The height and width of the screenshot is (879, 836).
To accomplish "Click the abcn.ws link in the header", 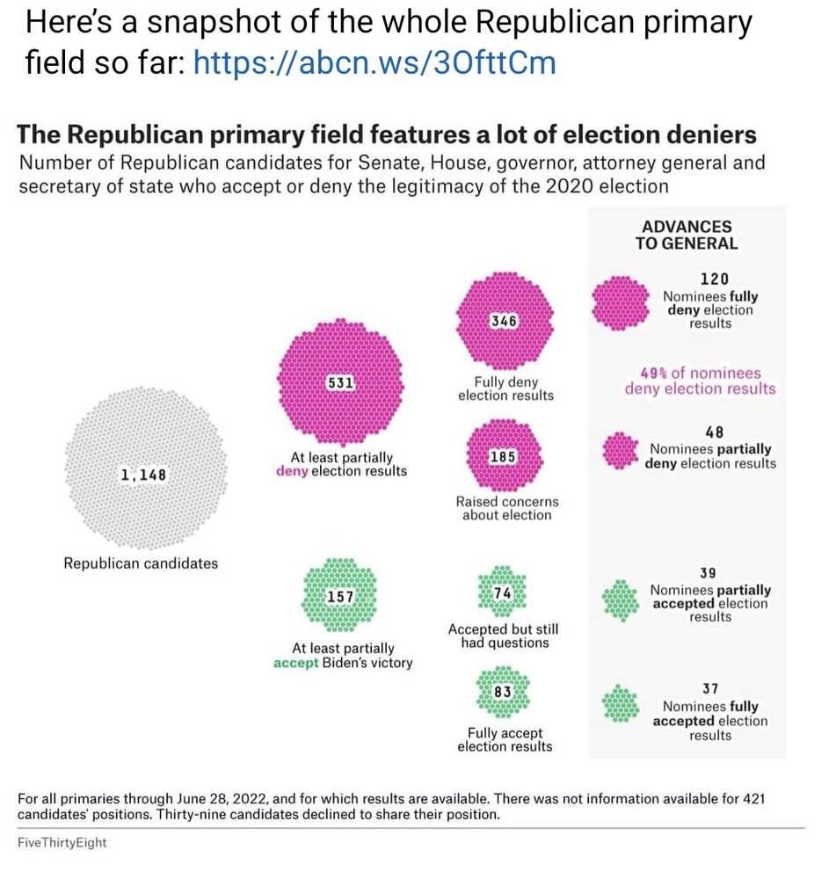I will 374,63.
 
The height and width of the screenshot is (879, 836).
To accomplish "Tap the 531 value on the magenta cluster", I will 340,383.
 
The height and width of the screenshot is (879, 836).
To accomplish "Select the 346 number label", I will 504,322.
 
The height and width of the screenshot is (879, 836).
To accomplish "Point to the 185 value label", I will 504,457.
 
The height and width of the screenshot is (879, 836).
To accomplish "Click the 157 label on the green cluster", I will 340,597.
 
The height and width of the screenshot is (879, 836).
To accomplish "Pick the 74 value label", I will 503,593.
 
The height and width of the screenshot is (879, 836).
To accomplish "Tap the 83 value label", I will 503,692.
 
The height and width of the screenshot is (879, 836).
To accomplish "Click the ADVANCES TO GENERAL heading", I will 687,236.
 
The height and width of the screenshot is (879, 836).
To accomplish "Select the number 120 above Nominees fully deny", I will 714,279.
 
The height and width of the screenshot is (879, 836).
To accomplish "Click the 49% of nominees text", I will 701,373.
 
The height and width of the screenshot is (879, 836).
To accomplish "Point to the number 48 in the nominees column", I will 714,432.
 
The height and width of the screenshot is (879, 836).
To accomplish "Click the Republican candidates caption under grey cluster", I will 141,563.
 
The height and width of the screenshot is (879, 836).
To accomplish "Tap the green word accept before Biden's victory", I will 295,663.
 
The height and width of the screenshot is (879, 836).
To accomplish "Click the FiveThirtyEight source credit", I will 62,842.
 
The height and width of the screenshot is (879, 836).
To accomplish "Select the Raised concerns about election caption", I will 506,508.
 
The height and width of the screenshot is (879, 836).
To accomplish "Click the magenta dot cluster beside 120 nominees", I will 619,302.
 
